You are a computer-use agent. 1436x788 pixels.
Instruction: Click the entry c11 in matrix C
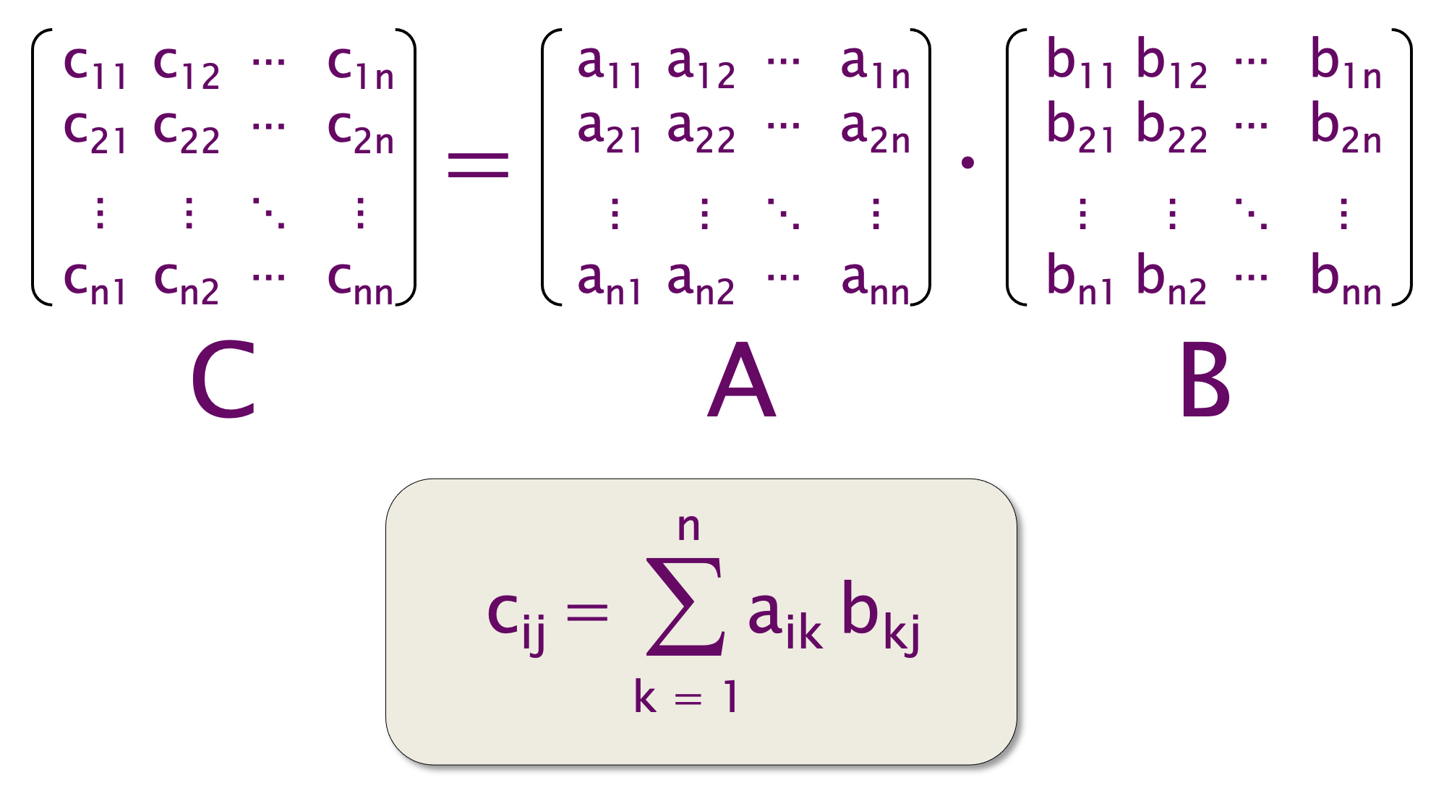(x=95, y=67)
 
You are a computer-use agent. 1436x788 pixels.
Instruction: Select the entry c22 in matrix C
(x=187, y=132)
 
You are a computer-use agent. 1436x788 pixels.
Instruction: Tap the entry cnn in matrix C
(x=360, y=283)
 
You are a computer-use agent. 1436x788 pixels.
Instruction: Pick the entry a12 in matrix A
(x=701, y=67)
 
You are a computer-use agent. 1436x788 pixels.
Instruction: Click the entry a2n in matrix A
(x=875, y=132)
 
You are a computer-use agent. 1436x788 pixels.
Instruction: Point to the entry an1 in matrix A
(x=609, y=283)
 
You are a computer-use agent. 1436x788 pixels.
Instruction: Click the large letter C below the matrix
(x=223, y=380)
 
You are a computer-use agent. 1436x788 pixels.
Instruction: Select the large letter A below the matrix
(x=741, y=380)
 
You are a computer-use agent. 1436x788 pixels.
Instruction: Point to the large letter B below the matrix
(x=1205, y=380)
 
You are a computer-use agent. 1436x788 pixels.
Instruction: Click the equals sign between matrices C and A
(x=478, y=165)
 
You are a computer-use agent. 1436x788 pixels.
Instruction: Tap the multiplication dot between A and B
(x=967, y=163)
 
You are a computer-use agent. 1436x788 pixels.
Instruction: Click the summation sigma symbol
(x=685, y=607)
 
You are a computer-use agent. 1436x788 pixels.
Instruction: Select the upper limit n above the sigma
(x=688, y=527)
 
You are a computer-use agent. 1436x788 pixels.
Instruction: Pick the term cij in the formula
(x=516, y=617)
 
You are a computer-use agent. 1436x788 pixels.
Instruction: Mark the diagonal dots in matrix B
(x=1251, y=213)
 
